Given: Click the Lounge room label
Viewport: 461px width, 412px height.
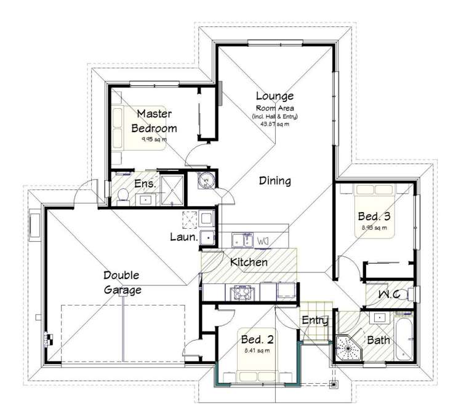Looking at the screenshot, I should pyautogui.click(x=275, y=96).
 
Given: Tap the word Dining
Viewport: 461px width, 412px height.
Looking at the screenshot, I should pyautogui.click(x=275, y=181).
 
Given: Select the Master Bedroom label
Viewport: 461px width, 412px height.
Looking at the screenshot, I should pyautogui.click(x=154, y=121).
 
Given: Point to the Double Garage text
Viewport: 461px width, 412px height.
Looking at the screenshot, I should pyautogui.click(x=121, y=283).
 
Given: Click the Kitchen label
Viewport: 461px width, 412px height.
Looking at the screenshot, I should pyautogui.click(x=249, y=263).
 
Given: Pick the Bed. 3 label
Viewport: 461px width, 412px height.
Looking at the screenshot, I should pyautogui.click(x=374, y=216).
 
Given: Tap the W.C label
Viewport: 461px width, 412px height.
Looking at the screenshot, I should pyautogui.click(x=390, y=296).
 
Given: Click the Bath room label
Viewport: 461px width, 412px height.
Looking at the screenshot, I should pyautogui.click(x=378, y=340).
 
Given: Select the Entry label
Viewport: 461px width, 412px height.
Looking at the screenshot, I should pyautogui.click(x=314, y=320).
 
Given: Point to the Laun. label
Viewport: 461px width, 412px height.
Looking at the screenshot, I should pyautogui.click(x=183, y=237).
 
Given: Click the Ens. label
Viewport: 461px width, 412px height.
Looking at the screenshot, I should pyautogui.click(x=145, y=183).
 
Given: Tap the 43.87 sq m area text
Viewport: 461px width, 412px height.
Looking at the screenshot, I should pyautogui.click(x=275, y=123).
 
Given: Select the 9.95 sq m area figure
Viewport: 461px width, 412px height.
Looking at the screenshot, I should pyautogui.click(x=154, y=139).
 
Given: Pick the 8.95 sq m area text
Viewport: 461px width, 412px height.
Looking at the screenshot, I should pyautogui.click(x=374, y=228).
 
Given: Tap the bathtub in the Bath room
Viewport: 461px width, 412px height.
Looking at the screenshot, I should pyautogui.click(x=404, y=338).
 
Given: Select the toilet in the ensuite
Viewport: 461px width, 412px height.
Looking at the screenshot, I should pyautogui.click(x=122, y=195).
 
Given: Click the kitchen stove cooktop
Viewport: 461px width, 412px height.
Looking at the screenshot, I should pyautogui.click(x=238, y=293).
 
